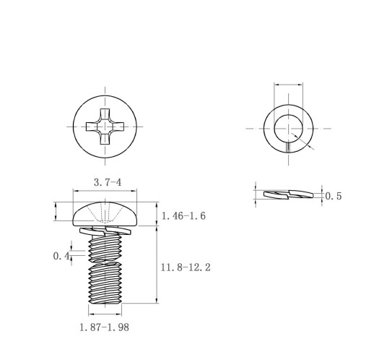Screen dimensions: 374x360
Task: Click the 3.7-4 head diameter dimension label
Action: pyautogui.click(x=108, y=182)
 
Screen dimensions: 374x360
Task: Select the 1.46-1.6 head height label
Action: pyautogui.click(x=183, y=215)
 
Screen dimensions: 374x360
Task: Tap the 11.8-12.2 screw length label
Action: pyautogui.click(x=186, y=267)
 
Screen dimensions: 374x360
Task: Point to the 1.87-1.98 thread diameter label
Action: pyautogui.click(x=104, y=327)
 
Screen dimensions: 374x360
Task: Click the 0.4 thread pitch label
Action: pyautogui.click(x=61, y=256)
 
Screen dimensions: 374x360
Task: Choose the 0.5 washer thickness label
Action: pyautogui.click(x=334, y=196)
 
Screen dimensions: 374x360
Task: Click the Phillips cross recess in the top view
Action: pyautogui.click(x=105, y=127)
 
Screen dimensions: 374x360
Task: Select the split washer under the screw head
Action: pyautogui.click(x=105, y=231)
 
